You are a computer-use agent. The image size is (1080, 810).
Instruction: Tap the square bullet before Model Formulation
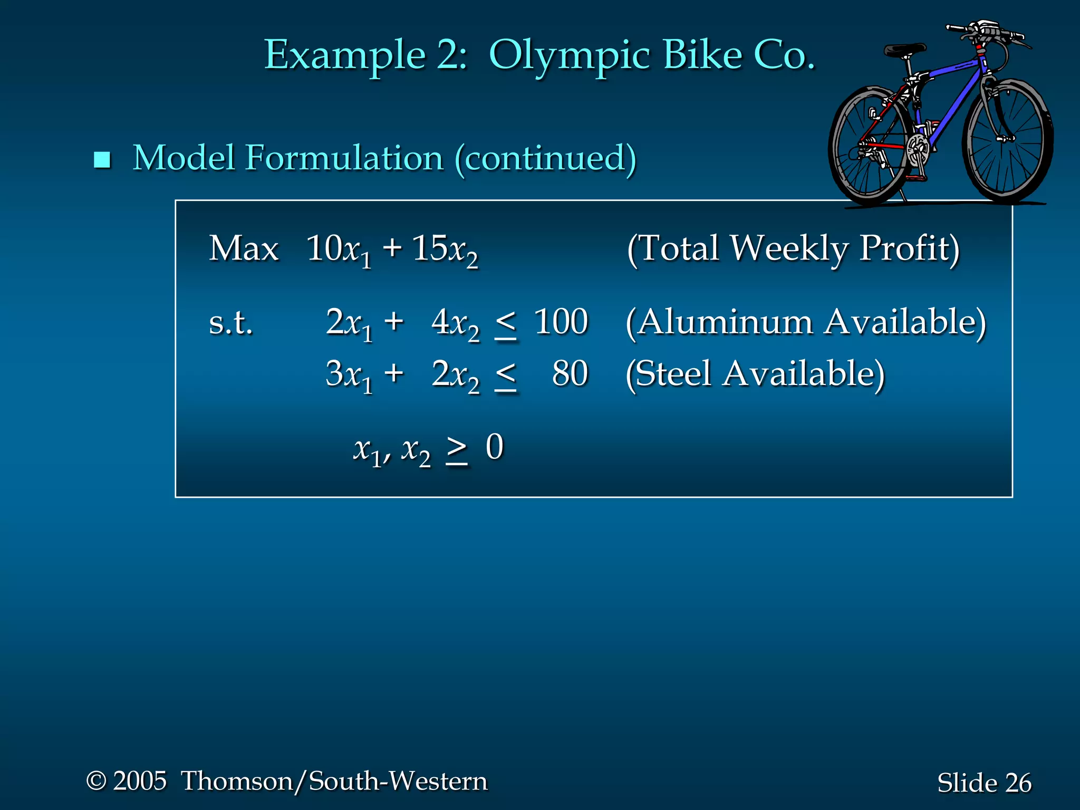click(102, 159)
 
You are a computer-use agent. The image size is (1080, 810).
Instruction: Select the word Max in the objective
click(243, 248)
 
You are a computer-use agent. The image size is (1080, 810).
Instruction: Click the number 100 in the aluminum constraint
click(561, 322)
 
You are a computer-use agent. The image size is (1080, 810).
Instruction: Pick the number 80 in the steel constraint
click(570, 374)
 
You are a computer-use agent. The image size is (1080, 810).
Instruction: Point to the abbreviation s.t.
click(230, 323)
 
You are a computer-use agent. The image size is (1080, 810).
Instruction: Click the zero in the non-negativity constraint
click(495, 447)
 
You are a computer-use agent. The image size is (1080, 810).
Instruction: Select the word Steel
click(673, 374)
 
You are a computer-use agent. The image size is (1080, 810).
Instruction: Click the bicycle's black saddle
click(904, 51)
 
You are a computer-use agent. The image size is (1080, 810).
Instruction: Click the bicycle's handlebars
click(986, 32)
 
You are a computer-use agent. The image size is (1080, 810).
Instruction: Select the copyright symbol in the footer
click(96, 781)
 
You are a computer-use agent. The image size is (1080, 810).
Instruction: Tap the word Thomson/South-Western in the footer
click(334, 781)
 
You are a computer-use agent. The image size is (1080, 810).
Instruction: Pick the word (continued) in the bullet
click(545, 158)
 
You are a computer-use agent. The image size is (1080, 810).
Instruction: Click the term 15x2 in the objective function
click(445, 249)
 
